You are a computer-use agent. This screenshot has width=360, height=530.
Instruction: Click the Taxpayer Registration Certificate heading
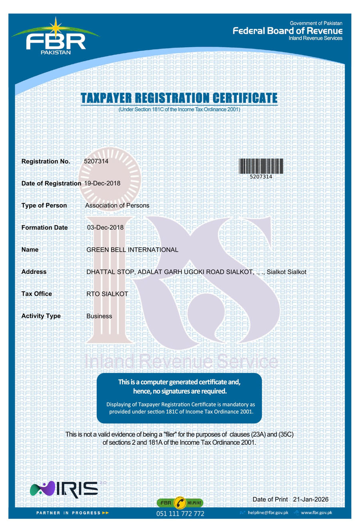(179, 98)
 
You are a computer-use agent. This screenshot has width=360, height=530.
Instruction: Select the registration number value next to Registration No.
(96, 161)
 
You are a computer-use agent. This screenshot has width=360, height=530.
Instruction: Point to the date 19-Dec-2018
(102, 183)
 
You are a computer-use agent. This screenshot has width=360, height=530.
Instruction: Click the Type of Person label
(44, 205)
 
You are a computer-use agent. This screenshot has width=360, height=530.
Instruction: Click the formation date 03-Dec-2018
(105, 227)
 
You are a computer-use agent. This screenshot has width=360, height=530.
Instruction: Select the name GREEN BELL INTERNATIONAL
(132, 250)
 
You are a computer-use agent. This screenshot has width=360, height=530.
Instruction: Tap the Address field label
(34, 272)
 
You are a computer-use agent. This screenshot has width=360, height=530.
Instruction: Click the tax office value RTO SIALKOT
(107, 294)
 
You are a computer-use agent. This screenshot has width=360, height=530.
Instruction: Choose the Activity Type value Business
(99, 316)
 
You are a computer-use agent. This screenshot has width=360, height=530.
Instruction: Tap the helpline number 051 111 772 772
(180, 514)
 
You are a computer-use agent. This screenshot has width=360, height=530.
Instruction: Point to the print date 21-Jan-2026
(310, 499)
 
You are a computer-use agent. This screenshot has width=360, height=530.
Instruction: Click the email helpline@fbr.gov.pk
(268, 512)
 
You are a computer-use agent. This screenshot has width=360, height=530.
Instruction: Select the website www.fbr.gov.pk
(316, 512)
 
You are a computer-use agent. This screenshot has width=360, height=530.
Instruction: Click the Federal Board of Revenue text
(288, 31)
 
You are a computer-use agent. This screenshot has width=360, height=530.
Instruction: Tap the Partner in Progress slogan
(72, 513)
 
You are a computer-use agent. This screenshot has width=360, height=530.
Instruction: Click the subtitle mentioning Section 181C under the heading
(179, 109)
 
